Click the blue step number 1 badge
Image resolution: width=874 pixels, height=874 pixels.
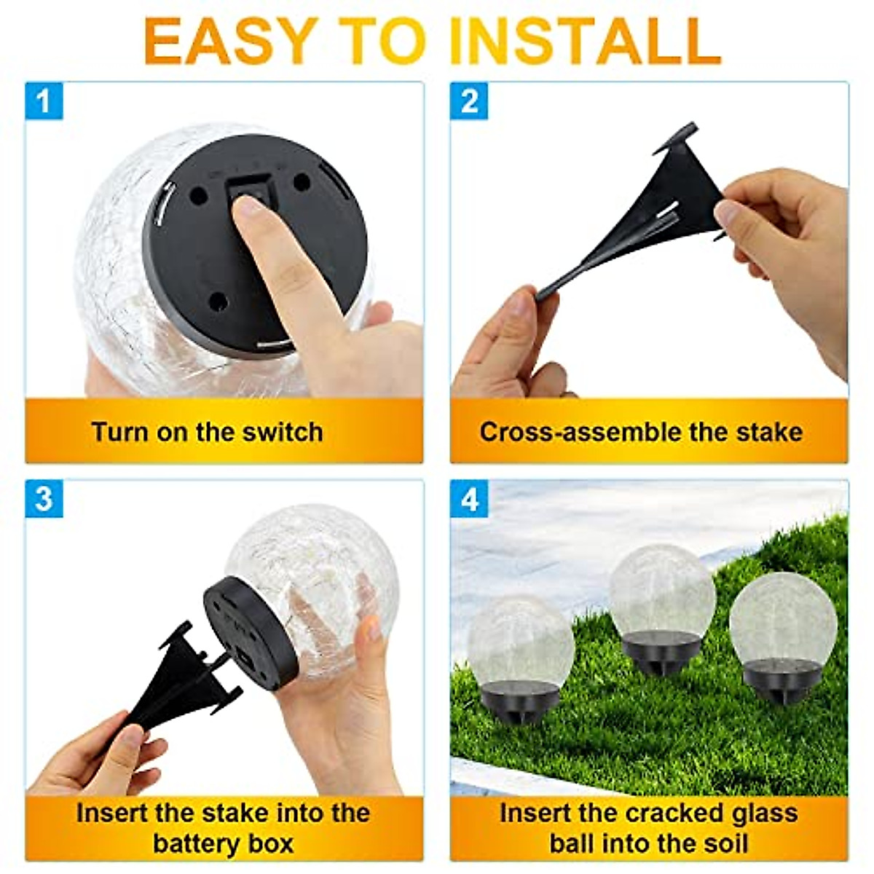[44, 101]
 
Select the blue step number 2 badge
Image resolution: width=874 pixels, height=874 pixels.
[470, 101]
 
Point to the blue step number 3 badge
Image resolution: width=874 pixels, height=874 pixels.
[44, 498]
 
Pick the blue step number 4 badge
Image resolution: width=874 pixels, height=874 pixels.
[470, 498]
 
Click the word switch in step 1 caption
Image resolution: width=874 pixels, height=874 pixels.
[283, 432]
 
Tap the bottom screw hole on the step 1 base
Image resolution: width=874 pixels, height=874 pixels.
[219, 300]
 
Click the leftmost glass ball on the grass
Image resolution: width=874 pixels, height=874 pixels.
[520, 641]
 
